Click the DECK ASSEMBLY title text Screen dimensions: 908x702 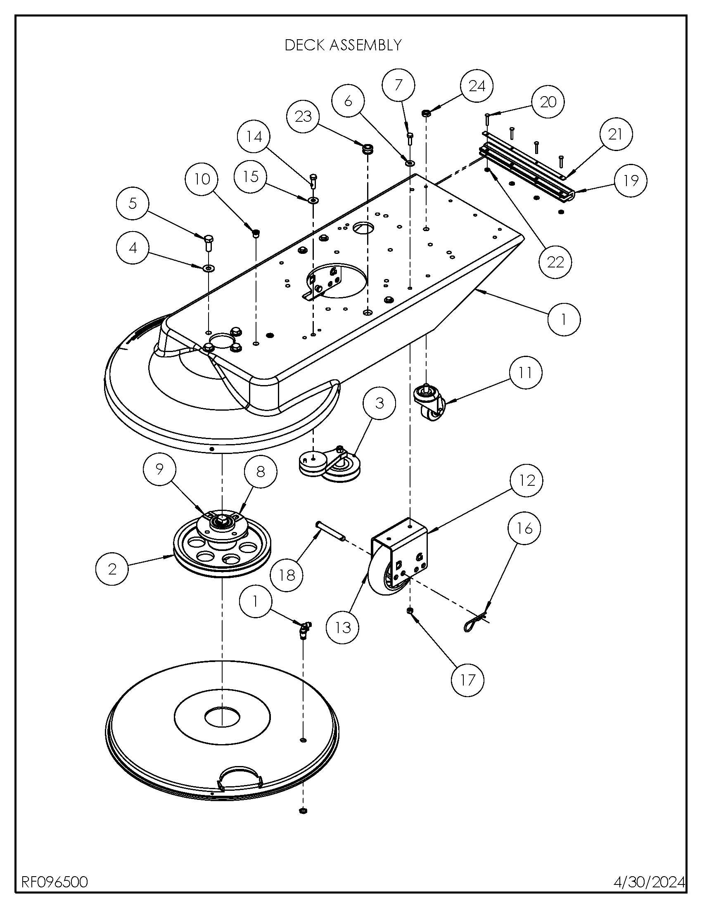pyautogui.click(x=343, y=45)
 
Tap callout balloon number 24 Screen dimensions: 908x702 pyautogui.click(x=477, y=86)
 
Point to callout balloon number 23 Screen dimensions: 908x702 pyautogui.click(x=303, y=116)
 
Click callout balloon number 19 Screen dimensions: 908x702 pyautogui.click(x=631, y=180)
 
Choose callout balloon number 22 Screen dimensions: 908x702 pyautogui.click(x=555, y=262)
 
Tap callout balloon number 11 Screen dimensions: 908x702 pyautogui.click(x=526, y=373)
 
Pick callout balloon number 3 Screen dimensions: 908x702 pyautogui.click(x=379, y=403)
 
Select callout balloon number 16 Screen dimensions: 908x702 pyautogui.click(x=524, y=528)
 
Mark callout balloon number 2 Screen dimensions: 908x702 pyautogui.click(x=112, y=569)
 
